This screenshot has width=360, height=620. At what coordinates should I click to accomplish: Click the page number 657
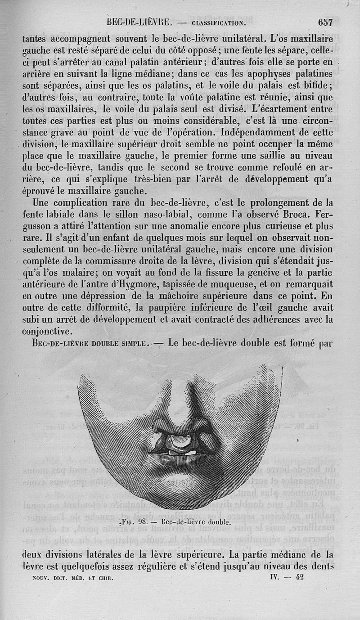324,22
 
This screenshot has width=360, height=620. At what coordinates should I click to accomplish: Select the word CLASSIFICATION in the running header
218,22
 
